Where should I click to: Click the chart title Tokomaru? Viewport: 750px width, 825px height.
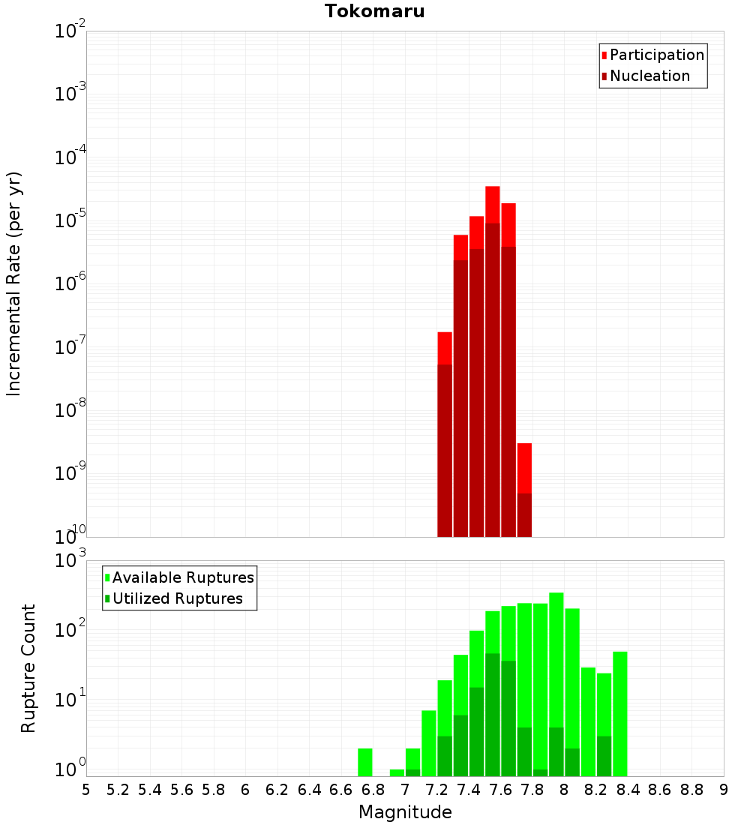pyautogui.click(x=374, y=11)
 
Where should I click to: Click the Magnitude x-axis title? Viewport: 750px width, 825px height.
pyautogui.click(x=405, y=812)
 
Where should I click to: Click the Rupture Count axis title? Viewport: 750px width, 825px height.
pyautogui.click(x=28, y=667)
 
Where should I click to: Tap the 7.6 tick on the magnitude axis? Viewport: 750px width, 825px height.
pyautogui.click(x=500, y=790)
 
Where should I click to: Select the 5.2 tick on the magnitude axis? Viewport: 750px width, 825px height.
pyautogui.click(x=118, y=790)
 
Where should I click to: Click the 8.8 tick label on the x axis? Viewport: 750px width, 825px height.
pyautogui.click(x=691, y=790)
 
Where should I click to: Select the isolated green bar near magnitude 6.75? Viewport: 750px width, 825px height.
pyautogui.click(x=364, y=761)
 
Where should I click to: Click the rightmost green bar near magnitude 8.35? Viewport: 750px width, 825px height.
pyautogui.click(x=619, y=712)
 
